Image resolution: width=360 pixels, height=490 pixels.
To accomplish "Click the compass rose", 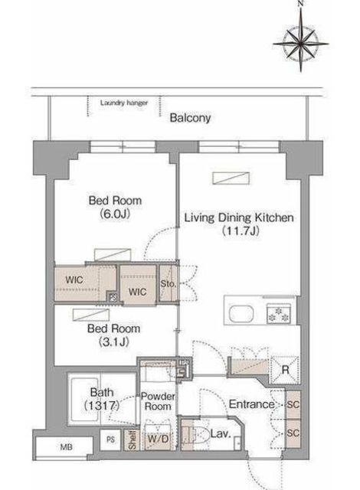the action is coord(300,44).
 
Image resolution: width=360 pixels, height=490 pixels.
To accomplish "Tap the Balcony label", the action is coord(190,118).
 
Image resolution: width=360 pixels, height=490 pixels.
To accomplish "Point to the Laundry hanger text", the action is coord(124,103).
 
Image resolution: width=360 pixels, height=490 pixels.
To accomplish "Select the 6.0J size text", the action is coord(115,214).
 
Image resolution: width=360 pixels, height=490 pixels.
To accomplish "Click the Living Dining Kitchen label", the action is coord(239,217).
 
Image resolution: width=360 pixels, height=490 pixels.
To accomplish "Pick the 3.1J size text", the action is coord(114,342).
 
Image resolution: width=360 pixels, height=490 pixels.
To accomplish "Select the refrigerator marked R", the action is coord(285,370).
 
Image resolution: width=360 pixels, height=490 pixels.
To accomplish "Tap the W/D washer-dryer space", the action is coord(158,439).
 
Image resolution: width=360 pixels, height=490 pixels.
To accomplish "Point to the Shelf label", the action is coord(133,440).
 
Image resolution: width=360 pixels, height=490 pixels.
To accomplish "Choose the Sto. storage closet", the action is coord(168,284).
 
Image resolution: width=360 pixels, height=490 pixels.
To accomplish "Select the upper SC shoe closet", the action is coord(293,405).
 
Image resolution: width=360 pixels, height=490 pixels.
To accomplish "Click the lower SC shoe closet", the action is coord(293,433).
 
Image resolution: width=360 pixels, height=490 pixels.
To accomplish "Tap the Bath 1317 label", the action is coord(102,399).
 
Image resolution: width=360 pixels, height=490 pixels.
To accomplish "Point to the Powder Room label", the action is coord(158,401).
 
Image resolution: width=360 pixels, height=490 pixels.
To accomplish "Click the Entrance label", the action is coord(251,404).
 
